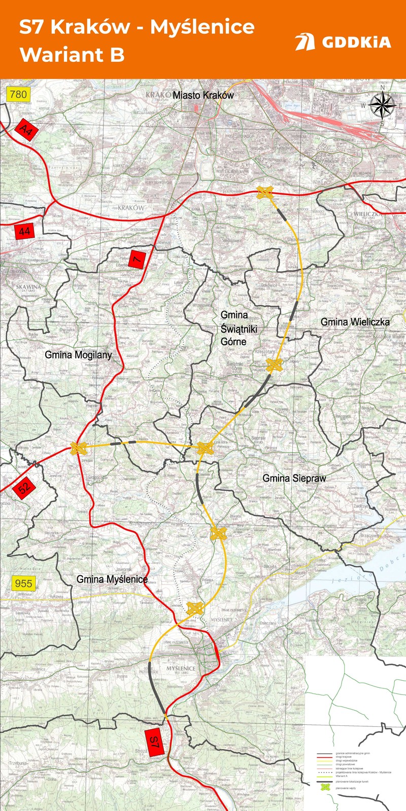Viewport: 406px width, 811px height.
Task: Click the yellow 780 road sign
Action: (x=18, y=94)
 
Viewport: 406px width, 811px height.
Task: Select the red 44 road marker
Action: (x=24, y=231)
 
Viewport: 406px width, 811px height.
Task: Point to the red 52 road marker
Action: (x=24, y=488)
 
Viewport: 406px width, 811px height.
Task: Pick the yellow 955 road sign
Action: (x=23, y=583)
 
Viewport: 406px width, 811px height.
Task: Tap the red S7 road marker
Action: (x=155, y=743)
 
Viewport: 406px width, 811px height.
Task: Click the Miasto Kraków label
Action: (x=203, y=95)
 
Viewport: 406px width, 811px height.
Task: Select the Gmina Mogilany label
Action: (x=78, y=355)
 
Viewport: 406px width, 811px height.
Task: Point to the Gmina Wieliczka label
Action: (x=355, y=322)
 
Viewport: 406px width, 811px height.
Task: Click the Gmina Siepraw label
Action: (x=294, y=478)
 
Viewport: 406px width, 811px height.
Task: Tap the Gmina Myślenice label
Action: (x=112, y=579)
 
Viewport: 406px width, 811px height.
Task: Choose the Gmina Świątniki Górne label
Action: (x=239, y=328)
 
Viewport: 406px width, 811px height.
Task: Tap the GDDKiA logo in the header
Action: (x=343, y=42)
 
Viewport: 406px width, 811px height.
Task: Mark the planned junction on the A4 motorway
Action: (x=265, y=192)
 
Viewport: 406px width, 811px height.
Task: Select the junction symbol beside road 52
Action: (x=79, y=448)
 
